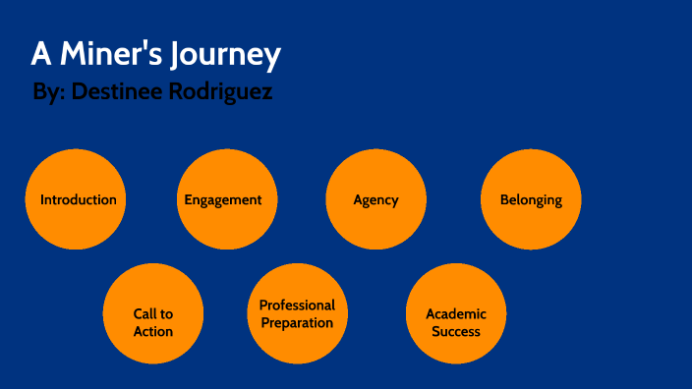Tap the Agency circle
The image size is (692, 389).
375,199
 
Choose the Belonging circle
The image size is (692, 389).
531,199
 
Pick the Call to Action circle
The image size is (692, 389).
153,314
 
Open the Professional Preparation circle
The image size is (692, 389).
297,314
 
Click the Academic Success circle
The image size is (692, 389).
456,314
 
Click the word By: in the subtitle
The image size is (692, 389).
48,93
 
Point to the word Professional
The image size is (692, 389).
297,306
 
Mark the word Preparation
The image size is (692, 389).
297,322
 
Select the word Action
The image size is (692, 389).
153,331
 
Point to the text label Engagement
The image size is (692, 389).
223,199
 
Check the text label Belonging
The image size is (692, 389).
531,199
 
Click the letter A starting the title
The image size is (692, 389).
40,55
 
